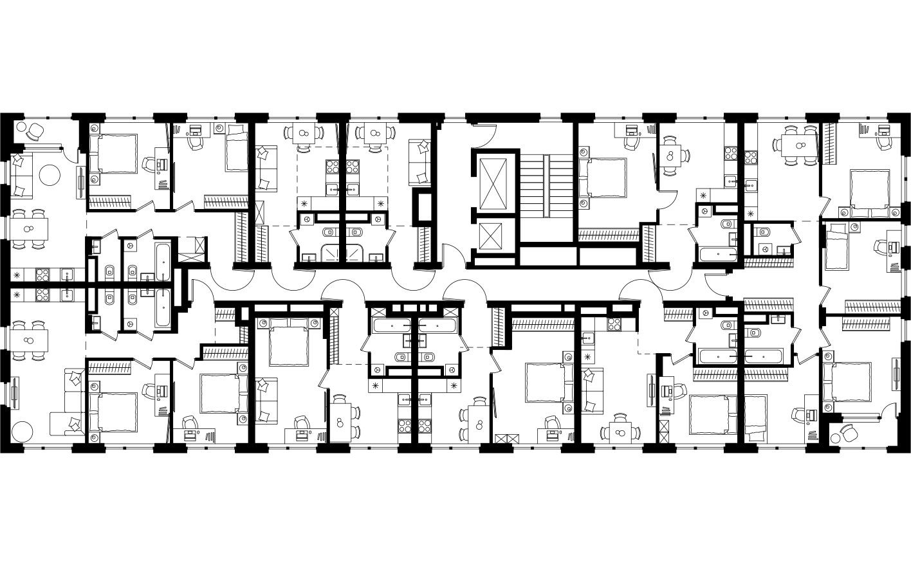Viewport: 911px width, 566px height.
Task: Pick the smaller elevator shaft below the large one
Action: tap(493, 237)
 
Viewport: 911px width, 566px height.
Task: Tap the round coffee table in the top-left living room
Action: tap(50, 174)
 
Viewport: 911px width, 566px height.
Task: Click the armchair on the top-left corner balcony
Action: tap(36, 132)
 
